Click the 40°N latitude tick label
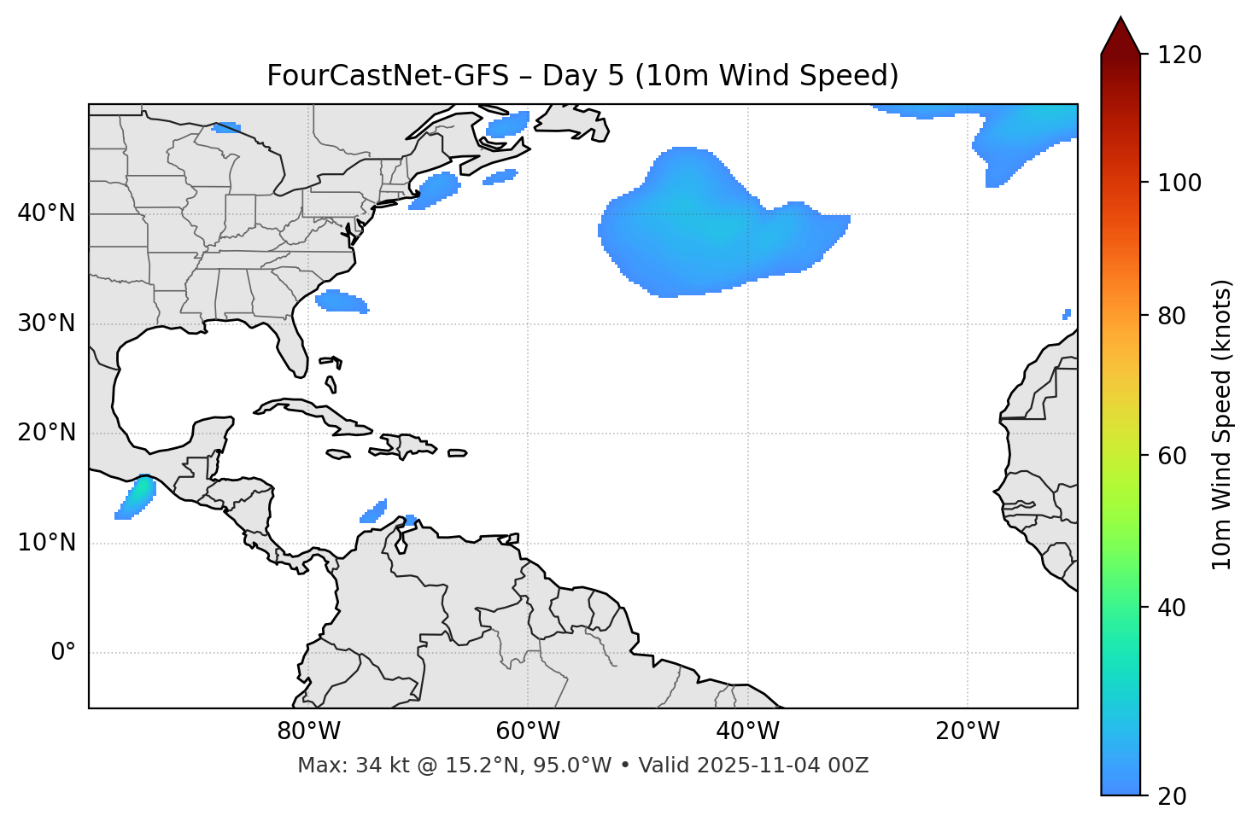(x=46, y=213)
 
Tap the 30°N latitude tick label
(x=46, y=323)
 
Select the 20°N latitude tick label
(x=46, y=433)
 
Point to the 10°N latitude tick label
(x=46, y=543)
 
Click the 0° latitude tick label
(x=63, y=653)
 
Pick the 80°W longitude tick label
(x=308, y=731)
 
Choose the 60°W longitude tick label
(x=528, y=731)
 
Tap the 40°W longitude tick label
(x=747, y=731)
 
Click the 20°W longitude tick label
(x=967, y=731)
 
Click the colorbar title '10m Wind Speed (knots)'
(x=1222, y=424)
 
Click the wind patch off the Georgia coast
(x=341, y=301)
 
